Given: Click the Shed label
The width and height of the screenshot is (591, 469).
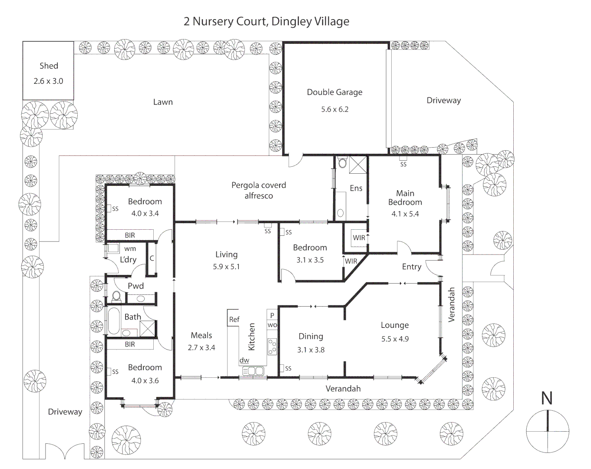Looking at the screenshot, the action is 49,66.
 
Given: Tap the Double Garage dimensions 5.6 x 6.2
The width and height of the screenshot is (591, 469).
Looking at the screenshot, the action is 334,109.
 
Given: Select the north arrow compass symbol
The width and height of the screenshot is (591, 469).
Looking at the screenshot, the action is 547,431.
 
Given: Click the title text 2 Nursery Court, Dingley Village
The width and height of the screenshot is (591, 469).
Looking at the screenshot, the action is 266,21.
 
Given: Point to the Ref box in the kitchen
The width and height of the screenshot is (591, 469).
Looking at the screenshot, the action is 234,320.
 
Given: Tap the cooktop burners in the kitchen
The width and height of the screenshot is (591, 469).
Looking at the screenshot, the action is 273,346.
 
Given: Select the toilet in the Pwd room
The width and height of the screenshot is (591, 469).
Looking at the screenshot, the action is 116,297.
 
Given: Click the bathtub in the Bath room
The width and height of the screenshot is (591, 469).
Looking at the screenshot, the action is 113,321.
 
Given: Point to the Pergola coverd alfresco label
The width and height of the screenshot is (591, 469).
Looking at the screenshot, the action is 259,190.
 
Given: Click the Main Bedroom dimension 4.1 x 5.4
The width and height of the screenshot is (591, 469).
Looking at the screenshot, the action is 405,214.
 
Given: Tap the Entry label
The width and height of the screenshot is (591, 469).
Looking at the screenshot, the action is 411,267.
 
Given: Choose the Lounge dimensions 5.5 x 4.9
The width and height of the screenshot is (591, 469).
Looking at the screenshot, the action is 395,339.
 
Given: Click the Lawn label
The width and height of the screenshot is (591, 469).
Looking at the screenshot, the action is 163,102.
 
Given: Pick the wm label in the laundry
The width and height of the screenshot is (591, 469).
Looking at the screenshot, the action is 130,249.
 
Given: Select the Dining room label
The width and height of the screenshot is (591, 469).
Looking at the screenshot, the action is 310,336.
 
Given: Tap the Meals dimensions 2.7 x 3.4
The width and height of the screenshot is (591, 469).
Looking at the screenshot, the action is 201,347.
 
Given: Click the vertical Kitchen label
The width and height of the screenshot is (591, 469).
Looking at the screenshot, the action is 251,337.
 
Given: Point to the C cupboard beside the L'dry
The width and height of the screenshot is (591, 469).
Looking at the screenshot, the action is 152,258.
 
